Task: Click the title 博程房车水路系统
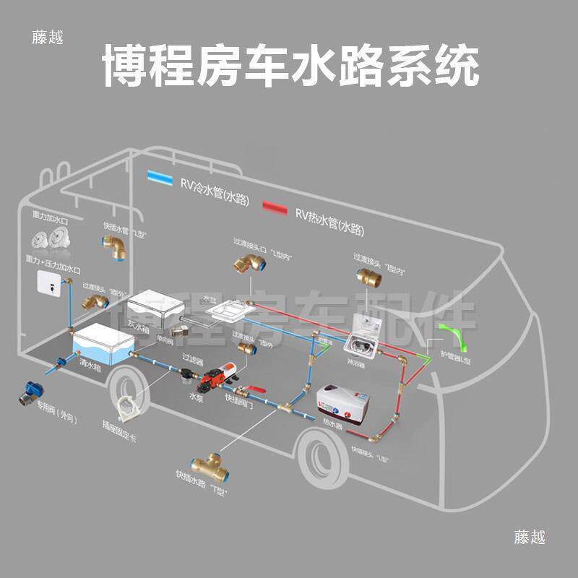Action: point(289,67)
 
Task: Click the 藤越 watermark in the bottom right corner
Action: point(530,538)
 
